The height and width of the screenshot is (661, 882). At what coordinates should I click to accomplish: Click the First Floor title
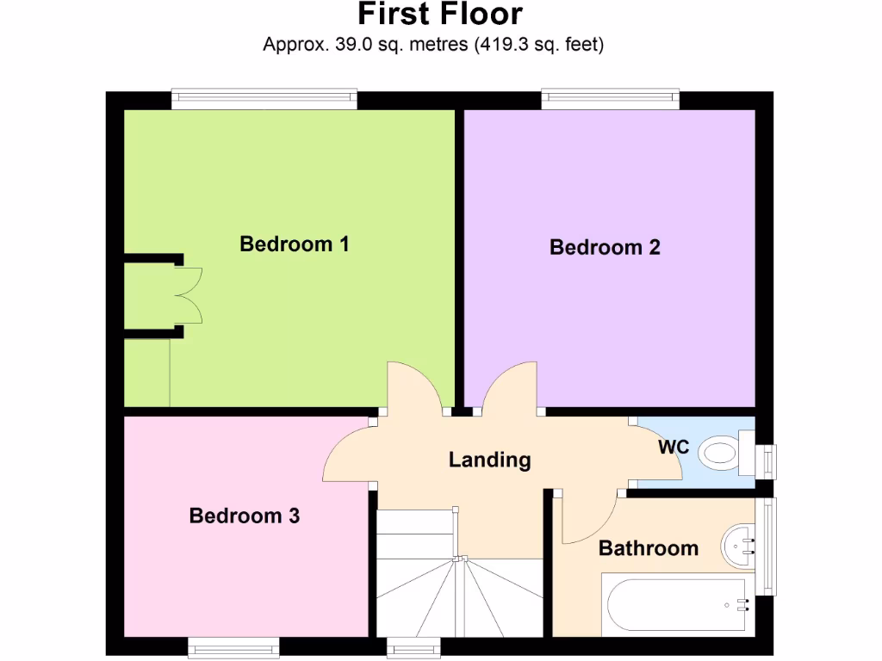(x=440, y=15)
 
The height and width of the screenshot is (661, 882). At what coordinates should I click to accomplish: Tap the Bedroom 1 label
(x=294, y=244)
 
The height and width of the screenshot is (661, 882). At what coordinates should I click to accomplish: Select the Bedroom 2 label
(x=605, y=248)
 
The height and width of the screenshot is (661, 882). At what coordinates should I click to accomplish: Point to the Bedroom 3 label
(x=245, y=516)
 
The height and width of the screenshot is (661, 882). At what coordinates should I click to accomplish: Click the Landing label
(x=489, y=460)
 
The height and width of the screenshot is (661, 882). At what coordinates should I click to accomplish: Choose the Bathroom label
(x=648, y=548)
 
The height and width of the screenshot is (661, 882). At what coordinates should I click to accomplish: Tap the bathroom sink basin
(x=740, y=543)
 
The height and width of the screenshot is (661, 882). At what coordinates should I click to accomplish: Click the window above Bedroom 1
(x=264, y=98)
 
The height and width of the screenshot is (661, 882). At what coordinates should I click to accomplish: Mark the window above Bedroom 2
(x=610, y=98)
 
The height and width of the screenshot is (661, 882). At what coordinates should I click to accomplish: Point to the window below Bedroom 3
(x=233, y=646)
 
